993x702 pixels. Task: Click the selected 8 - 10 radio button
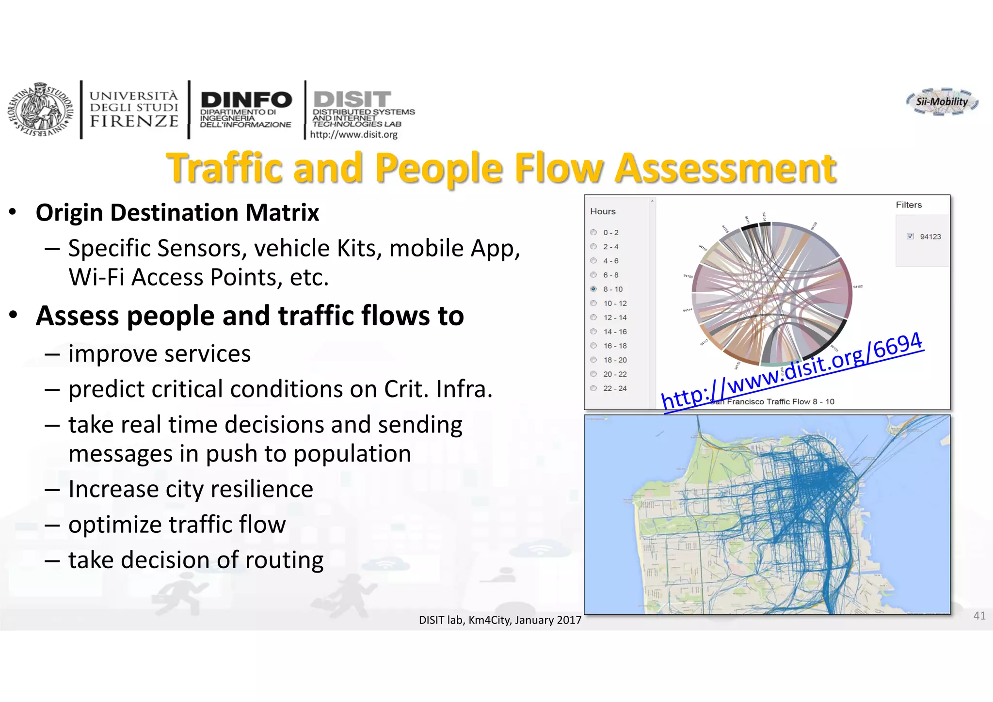593,289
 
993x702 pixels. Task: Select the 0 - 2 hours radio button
593,232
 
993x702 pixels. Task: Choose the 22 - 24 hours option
593,388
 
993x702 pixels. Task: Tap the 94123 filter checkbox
910,236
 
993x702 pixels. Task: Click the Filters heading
909,205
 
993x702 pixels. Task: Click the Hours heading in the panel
603,211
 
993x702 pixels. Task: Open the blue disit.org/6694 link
792,371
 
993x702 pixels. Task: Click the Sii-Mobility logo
942,102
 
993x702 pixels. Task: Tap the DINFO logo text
246,100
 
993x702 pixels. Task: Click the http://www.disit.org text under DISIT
353,135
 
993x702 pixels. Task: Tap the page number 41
979,616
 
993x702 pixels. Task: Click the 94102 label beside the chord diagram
858,287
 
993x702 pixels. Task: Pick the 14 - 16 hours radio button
593,332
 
